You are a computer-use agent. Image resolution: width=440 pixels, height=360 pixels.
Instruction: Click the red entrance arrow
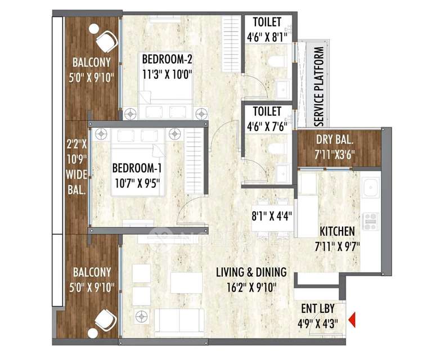pyautogui.click(x=352, y=319)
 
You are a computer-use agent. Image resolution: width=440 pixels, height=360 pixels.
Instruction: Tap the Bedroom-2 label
pyautogui.click(x=167, y=59)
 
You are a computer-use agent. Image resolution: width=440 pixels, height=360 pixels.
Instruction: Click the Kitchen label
pyautogui.click(x=337, y=232)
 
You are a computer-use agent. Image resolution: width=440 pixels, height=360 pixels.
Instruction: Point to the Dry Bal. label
pyautogui.click(x=334, y=139)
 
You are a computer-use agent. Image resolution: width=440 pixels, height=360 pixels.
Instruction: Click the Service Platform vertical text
pyautogui.click(x=319, y=87)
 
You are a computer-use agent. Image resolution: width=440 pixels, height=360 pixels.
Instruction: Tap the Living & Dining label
pyautogui.click(x=252, y=272)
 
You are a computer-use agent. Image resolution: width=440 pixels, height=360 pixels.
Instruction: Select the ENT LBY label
pyautogui.click(x=318, y=309)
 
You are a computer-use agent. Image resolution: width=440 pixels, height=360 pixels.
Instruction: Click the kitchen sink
pyautogui.click(x=370, y=187)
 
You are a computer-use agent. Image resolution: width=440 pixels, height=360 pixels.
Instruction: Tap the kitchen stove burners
pyautogui.click(x=371, y=221)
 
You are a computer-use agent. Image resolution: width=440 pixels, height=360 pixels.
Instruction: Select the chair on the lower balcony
pyautogui.click(x=106, y=320)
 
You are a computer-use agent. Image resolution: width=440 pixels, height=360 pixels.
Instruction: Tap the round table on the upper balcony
pyautogui.click(x=94, y=28)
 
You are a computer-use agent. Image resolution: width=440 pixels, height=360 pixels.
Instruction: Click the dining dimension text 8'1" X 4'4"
pyautogui.click(x=272, y=217)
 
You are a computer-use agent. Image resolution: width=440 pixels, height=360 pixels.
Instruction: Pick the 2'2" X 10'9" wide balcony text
pyautogui.click(x=77, y=168)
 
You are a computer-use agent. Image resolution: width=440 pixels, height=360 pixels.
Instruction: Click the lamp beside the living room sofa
pyautogui.click(x=141, y=317)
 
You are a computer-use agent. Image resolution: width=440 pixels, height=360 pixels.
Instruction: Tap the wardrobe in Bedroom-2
pyautogui.click(x=232, y=44)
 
